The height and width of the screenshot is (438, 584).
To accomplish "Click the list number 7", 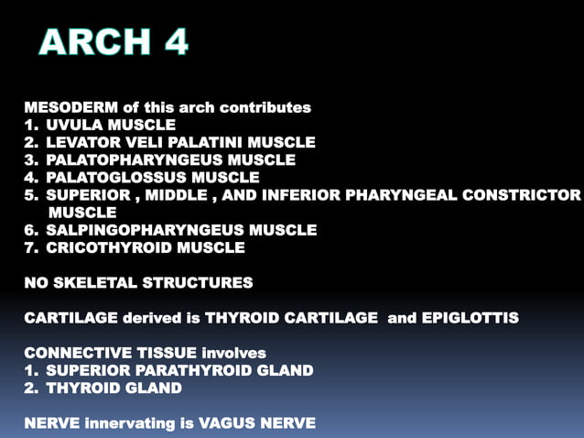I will coord(30,247).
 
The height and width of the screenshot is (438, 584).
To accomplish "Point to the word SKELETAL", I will coord(89,282).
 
